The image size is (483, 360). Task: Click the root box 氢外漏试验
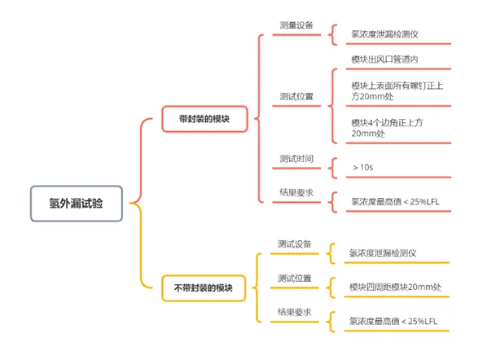point(77,204)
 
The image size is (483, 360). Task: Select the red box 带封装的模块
point(204,119)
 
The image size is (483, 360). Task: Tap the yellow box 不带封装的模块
point(204,288)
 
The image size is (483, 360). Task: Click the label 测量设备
point(296,25)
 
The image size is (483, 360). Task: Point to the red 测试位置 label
point(296,96)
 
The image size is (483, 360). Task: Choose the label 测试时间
point(296,159)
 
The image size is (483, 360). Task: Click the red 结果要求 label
point(296,192)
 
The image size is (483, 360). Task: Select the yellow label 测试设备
point(294,244)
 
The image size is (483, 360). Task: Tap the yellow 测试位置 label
point(294,279)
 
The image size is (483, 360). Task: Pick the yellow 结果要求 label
point(294,312)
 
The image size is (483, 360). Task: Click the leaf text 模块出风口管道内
point(384,59)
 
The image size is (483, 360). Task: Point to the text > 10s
point(363,167)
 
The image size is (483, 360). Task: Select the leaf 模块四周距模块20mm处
point(395,288)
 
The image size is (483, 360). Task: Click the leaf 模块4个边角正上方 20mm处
point(387,128)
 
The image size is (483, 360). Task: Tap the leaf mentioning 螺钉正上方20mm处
point(397,91)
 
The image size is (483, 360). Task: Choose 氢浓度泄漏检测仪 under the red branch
point(384,34)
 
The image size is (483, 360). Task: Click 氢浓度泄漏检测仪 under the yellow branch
point(383,253)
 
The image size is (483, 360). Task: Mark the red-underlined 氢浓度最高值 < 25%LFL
point(395,202)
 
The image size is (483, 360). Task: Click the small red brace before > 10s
point(332,168)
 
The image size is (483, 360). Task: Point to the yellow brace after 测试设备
point(331,254)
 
